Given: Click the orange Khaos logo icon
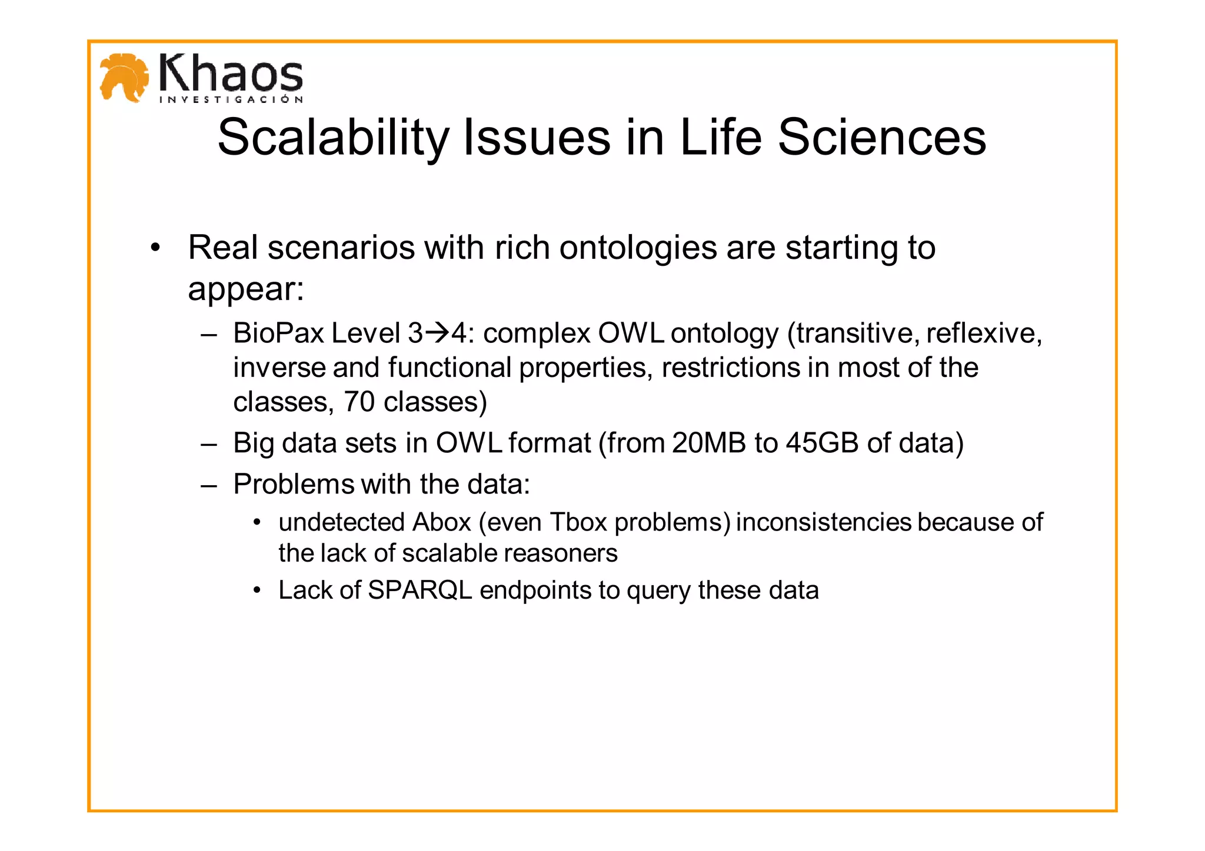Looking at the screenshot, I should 124,78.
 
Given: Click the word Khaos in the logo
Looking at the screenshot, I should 231,73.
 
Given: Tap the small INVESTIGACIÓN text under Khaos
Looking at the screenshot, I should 231,99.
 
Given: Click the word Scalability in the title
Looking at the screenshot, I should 333,138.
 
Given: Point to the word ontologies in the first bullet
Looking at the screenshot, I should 638,248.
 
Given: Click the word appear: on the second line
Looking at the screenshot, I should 246,289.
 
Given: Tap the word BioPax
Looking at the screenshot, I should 278,333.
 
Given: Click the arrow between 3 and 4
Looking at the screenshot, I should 437,333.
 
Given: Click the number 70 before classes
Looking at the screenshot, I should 359,402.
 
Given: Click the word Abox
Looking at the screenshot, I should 441,522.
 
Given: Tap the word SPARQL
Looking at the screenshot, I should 420,590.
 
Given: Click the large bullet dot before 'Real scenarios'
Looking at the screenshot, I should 155,248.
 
